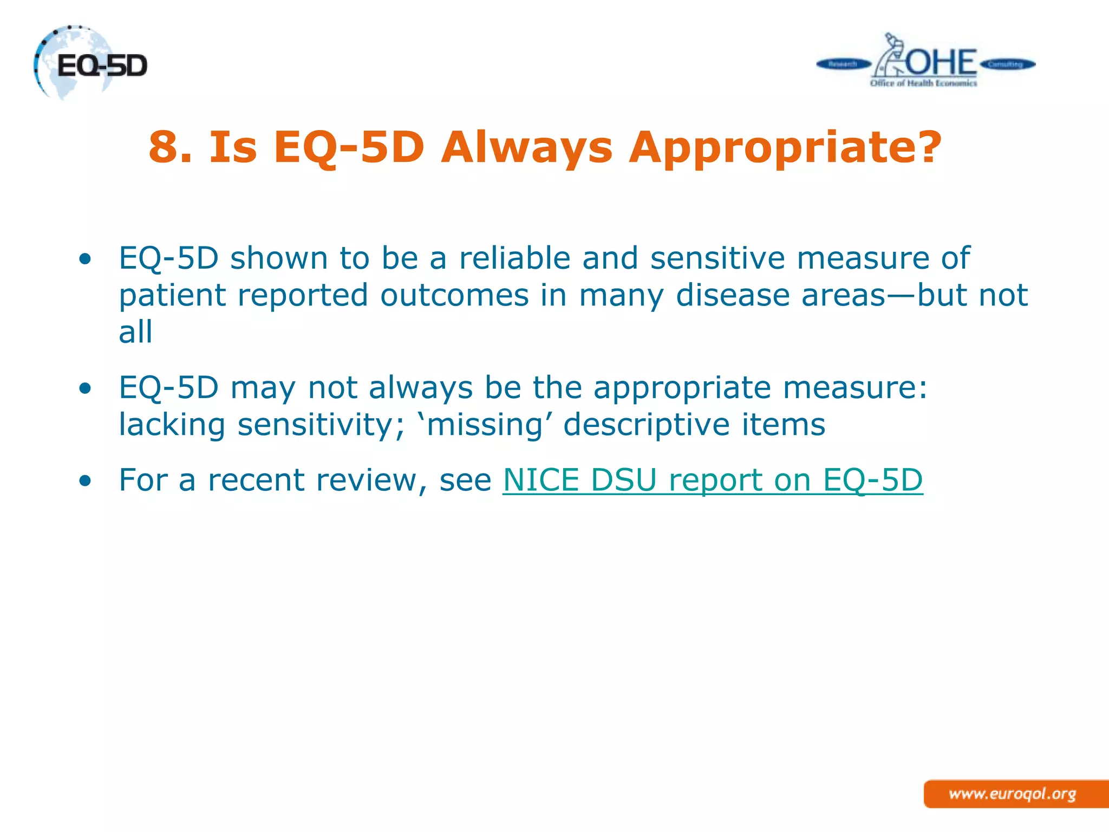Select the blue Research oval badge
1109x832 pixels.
click(x=843, y=64)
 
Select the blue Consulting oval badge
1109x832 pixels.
click(x=1007, y=64)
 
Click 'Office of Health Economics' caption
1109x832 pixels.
click(x=923, y=83)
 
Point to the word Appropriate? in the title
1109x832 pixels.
click(x=785, y=147)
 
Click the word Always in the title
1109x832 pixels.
click(x=526, y=147)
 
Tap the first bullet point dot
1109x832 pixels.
click(x=84, y=259)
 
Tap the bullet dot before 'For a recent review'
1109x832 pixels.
click(x=84, y=480)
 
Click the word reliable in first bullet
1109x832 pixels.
click(x=514, y=258)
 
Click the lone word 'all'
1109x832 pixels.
click(x=135, y=331)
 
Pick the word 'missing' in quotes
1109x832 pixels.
click(x=485, y=424)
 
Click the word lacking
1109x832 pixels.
click(x=172, y=424)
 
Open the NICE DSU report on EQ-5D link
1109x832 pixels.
click(x=712, y=480)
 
